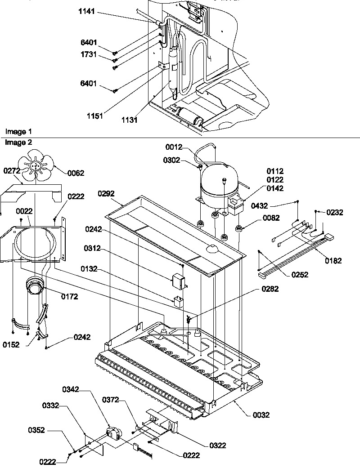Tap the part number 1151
coord(95,116)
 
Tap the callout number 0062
coord(76,172)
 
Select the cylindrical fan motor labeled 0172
coord(34,287)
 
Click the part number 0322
coord(217,446)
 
